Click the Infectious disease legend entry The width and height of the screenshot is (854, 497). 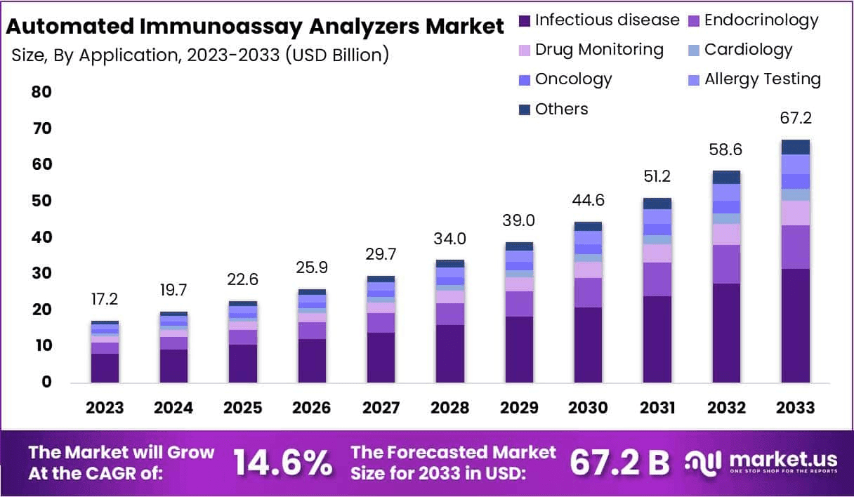(599, 20)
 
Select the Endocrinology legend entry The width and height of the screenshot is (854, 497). (754, 20)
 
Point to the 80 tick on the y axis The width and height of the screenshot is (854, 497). (41, 92)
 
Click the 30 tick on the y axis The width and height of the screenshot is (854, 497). (41, 273)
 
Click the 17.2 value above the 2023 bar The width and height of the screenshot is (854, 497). (105, 300)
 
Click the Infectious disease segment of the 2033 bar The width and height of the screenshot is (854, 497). (795, 326)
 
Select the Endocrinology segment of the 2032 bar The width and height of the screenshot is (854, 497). (726, 264)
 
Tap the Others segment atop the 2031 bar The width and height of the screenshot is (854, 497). (657, 204)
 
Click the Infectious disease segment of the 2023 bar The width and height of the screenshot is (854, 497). (105, 368)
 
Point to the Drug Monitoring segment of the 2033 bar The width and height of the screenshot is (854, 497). (795, 213)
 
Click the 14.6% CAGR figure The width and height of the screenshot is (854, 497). (282, 462)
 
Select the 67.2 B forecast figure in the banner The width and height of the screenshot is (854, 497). (619, 462)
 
